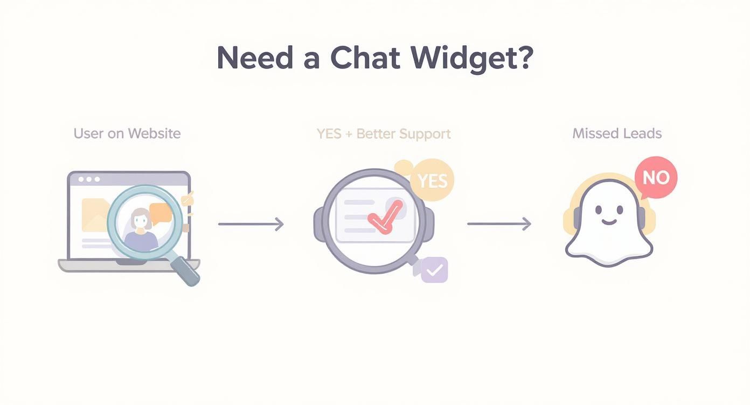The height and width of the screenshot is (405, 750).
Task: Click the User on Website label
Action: pyautogui.click(x=127, y=134)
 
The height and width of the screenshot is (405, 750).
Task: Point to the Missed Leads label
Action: pyautogui.click(x=617, y=134)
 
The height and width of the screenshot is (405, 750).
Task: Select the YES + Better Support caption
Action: pyautogui.click(x=384, y=134)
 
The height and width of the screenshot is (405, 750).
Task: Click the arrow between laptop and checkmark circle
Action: pyautogui.click(x=251, y=224)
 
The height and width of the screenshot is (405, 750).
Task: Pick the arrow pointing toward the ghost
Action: pyautogui.click(x=499, y=224)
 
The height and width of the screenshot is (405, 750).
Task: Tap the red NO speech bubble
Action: pyautogui.click(x=656, y=177)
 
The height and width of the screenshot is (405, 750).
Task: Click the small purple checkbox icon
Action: pyautogui.click(x=434, y=269)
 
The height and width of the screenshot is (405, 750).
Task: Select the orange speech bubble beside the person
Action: pyautogui.click(x=161, y=213)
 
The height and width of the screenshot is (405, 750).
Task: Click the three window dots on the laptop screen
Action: pyautogui.click(x=89, y=179)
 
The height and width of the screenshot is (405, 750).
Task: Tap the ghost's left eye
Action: pyautogui.click(x=599, y=208)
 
